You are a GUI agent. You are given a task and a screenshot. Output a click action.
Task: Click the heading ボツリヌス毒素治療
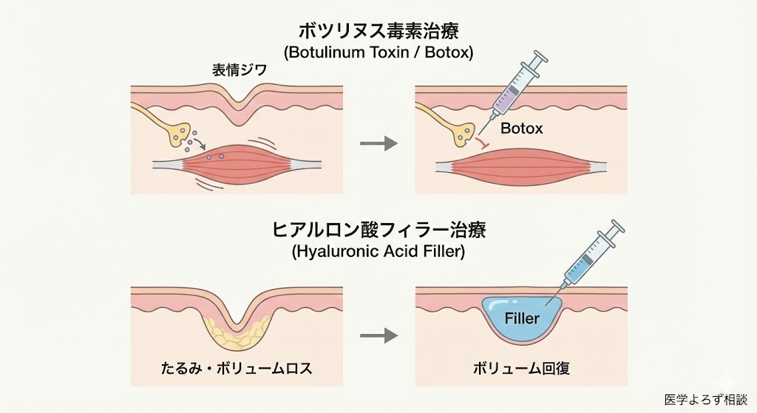coord(378,32)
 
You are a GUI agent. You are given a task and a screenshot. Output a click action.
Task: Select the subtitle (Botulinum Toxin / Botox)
coord(378,53)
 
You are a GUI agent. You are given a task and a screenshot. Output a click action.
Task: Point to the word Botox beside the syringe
coord(522,129)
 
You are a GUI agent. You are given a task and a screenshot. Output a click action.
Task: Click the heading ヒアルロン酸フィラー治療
coord(378,230)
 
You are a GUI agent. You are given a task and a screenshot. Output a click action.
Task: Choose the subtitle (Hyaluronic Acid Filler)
coord(378,251)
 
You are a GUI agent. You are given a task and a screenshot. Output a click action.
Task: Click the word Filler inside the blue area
coord(522,319)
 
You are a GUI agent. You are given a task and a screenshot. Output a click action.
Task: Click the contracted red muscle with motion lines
coord(237,164)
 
